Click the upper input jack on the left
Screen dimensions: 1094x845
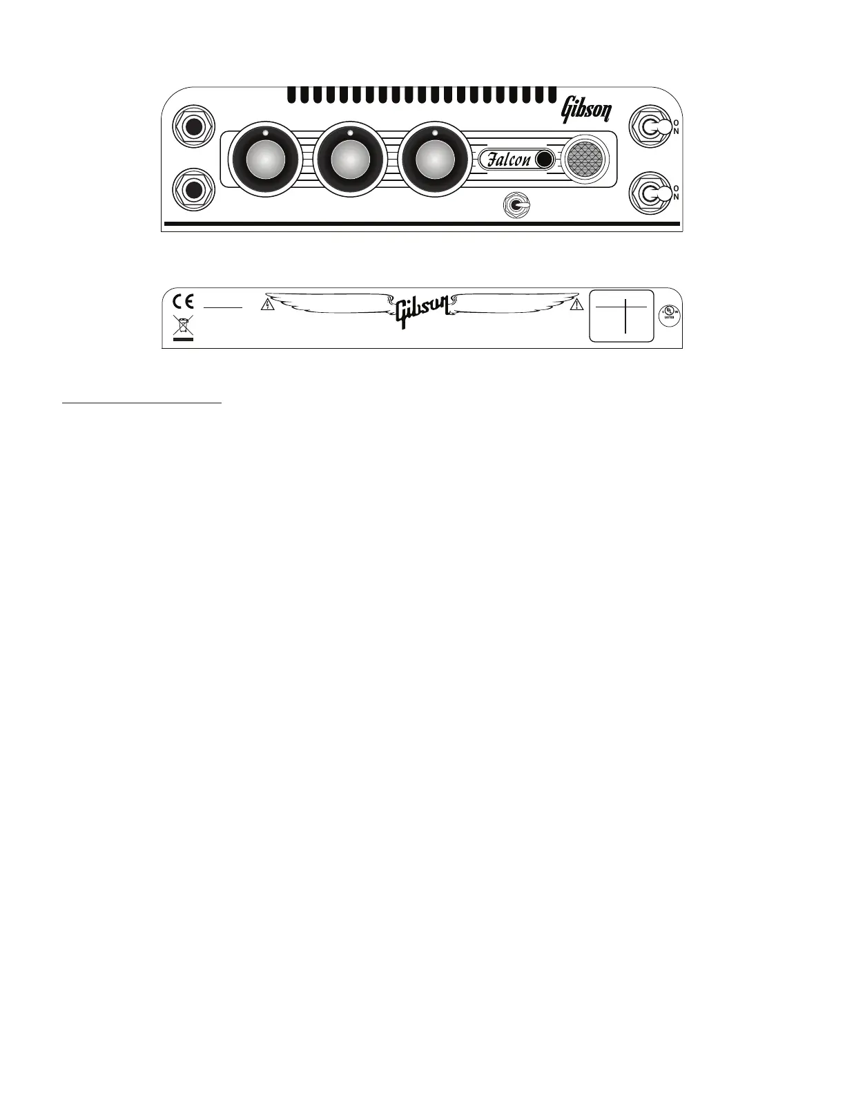(193, 127)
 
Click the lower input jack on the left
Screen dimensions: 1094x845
(193, 189)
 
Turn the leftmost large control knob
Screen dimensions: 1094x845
(265, 160)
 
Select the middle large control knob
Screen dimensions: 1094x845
(350, 160)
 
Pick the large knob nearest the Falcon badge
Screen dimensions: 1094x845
(434, 160)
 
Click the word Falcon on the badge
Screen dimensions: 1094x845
(509, 160)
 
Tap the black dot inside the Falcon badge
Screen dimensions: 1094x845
(543, 160)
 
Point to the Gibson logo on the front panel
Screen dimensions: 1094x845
(585, 108)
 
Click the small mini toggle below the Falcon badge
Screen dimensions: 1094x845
(515, 205)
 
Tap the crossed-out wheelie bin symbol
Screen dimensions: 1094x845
(184, 325)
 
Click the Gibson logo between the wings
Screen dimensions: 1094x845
(422, 310)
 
